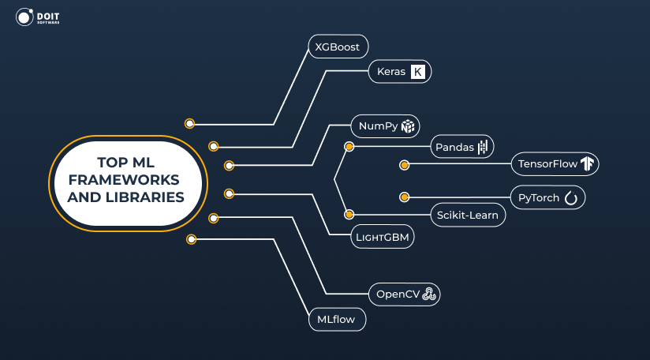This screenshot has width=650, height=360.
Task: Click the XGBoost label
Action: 338,47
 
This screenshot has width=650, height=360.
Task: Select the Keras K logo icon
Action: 418,72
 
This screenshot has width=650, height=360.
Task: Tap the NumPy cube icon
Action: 407,126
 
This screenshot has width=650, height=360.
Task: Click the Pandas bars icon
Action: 484,146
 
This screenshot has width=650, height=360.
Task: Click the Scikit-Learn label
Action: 468,216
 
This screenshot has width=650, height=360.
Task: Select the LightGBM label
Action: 383,235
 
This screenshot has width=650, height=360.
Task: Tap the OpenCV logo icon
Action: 429,294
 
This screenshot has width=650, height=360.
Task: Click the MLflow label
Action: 336,321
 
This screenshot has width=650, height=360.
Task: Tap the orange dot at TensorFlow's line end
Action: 404,165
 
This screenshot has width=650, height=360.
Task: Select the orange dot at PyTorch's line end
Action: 404,197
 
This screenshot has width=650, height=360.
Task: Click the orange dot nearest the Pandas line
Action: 349,146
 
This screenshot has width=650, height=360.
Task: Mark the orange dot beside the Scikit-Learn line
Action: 349,214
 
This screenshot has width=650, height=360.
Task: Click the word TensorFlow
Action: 546,164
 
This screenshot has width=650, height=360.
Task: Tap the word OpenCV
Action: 397,294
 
